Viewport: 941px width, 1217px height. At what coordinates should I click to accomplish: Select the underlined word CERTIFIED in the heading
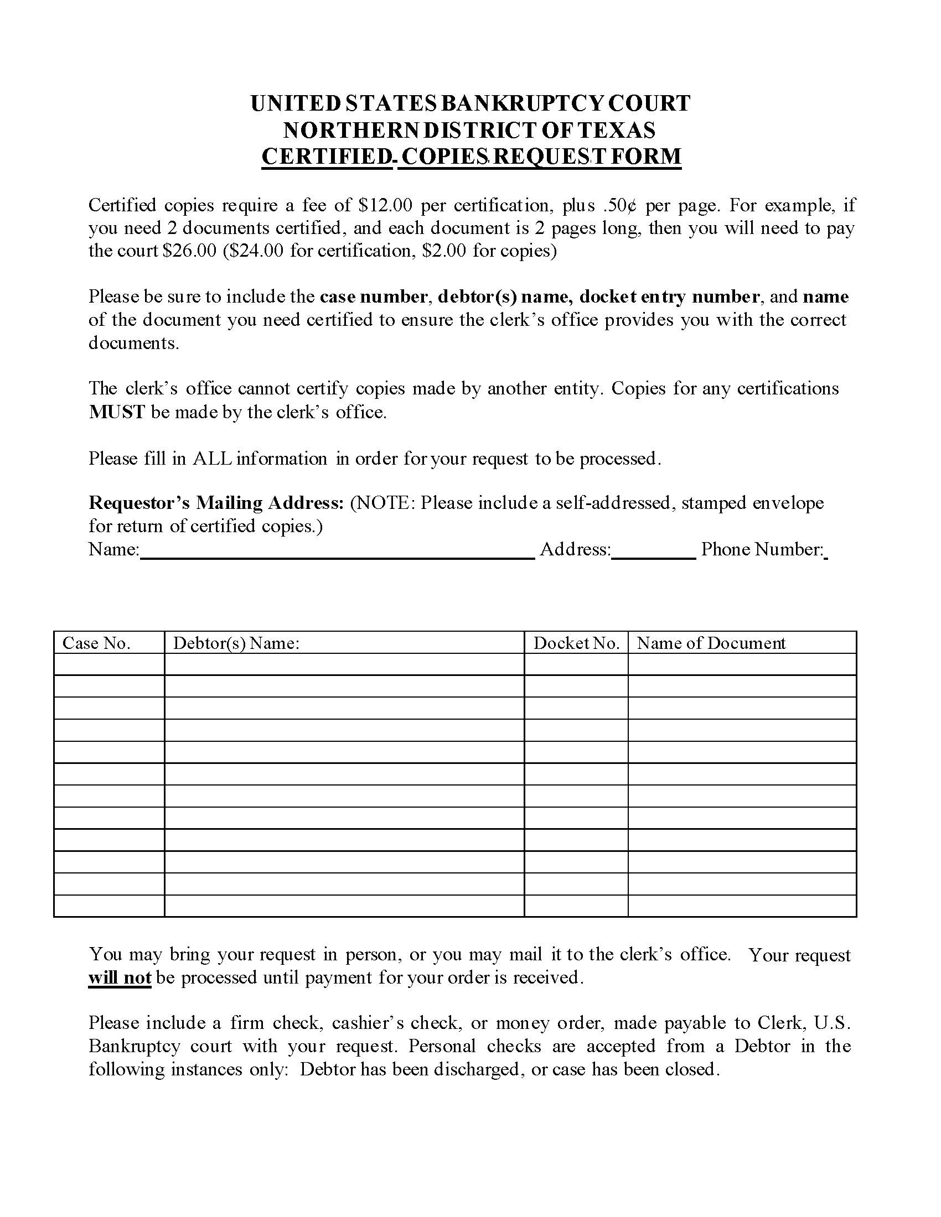click(x=327, y=156)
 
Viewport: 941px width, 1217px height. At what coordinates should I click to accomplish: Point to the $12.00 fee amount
click(x=385, y=205)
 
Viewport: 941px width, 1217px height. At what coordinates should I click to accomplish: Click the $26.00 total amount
click(x=189, y=251)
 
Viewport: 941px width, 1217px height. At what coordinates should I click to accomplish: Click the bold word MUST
click(x=117, y=412)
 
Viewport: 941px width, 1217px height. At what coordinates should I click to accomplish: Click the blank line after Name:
click(x=337, y=552)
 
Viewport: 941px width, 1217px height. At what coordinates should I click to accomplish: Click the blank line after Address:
click(x=653, y=552)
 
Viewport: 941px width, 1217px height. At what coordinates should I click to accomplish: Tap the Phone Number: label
click(x=762, y=549)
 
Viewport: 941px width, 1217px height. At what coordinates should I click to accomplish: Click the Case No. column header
click(x=96, y=643)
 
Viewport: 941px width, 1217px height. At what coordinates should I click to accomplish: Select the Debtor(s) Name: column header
click(x=236, y=643)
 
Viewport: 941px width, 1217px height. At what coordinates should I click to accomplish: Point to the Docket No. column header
click(x=576, y=643)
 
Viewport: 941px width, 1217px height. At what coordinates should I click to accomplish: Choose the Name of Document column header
click(x=711, y=643)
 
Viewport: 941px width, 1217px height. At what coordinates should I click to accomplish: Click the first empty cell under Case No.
click(x=109, y=664)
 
